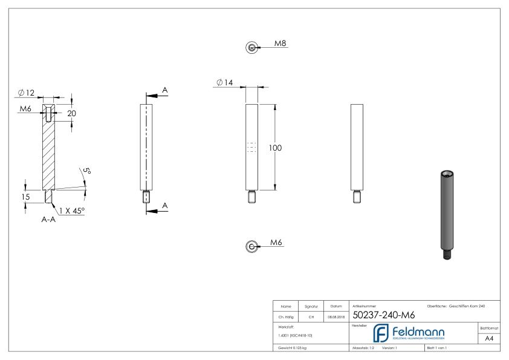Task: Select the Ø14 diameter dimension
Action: point(224,82)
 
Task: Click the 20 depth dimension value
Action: point(72,113)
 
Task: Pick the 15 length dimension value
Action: point(25,196)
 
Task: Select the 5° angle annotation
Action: point(86,172)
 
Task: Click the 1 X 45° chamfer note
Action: point(72,210)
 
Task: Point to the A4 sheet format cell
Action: point(490,339)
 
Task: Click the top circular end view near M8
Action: point(251,48)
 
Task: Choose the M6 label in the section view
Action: point(25,109)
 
